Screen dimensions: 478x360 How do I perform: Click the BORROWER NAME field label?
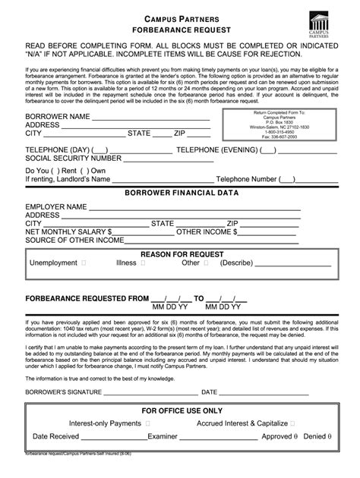coord(58,116)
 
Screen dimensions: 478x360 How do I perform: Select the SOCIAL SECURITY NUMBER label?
coord(74,159)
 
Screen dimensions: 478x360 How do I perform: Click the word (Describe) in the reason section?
coord(236,263)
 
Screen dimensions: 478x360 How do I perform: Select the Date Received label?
coord(55,437)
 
